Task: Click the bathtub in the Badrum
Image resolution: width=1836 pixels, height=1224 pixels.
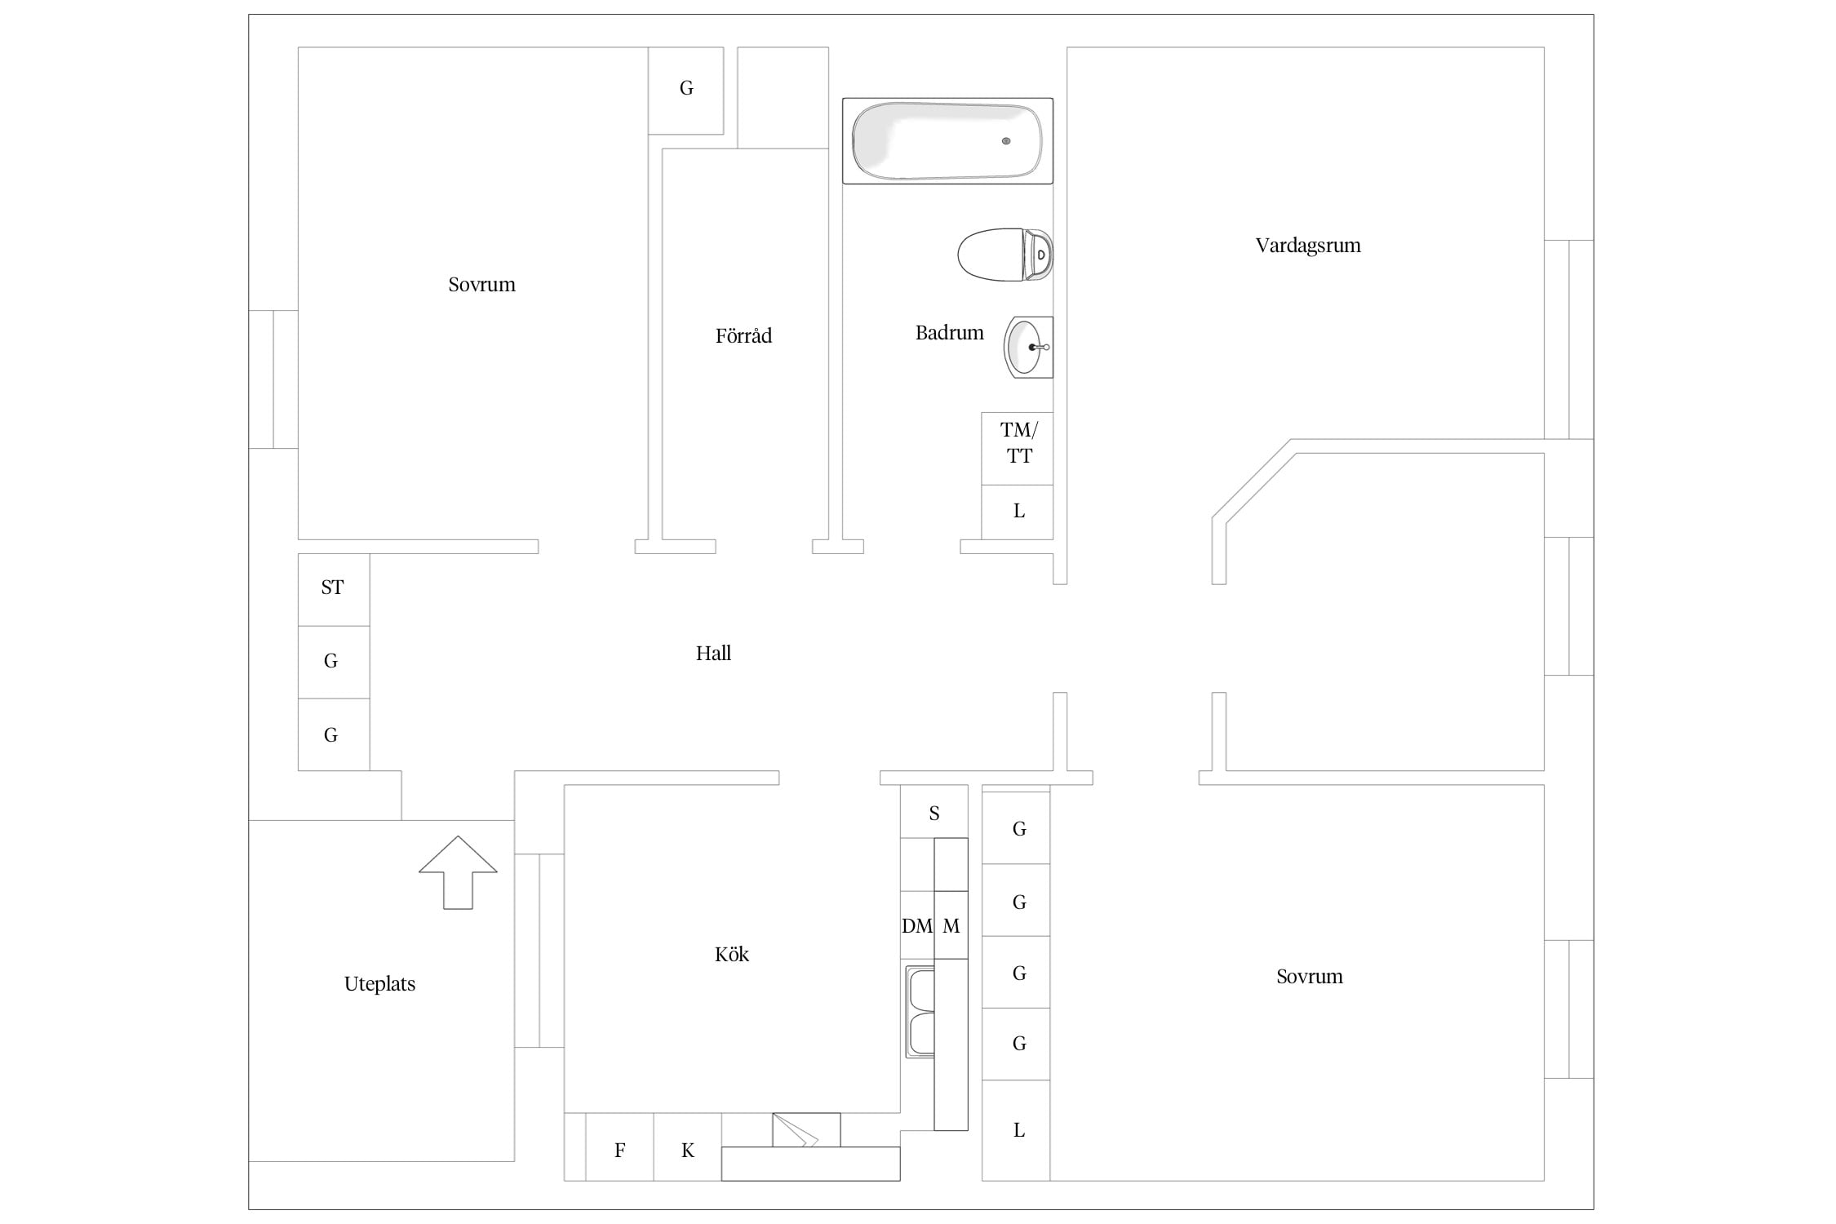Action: tap(947, 140)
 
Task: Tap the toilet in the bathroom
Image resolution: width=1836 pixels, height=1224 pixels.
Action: tap(1005, 255)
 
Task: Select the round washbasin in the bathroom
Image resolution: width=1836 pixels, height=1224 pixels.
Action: tap(1028, 347)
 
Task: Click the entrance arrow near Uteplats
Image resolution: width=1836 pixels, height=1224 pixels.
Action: tap(458, 872)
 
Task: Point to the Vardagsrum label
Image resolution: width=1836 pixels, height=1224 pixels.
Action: tap(1308, 246)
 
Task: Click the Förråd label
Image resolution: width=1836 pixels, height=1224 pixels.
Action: tap(743, 335)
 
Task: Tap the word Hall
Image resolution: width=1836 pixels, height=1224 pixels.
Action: tap(713, 653)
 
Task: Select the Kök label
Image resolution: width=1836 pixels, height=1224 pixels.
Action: tap(732, 954)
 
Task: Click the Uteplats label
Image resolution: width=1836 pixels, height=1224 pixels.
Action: tap(379, 984)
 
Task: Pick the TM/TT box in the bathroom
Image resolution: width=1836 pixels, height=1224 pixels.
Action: tap(1018, 449)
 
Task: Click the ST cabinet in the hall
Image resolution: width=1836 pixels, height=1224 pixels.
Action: tap(334, 590)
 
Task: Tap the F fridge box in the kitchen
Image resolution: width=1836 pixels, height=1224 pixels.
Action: tap(620, 1147)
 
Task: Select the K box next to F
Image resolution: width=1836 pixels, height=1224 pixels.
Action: tap(688, 1147)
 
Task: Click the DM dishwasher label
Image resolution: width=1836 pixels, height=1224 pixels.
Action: tap(917, 926)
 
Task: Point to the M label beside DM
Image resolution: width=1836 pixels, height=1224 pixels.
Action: tap(951, 926)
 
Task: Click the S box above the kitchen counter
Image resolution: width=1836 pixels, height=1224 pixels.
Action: tap(934, 812)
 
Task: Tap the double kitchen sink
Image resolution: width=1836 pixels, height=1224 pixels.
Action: tap(920, 1012)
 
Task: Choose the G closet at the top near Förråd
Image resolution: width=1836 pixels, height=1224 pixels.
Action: tap(686, 91)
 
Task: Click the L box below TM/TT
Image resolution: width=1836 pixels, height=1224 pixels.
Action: tap(1018, 512)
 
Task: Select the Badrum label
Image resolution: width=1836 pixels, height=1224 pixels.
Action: tap(950, 333)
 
